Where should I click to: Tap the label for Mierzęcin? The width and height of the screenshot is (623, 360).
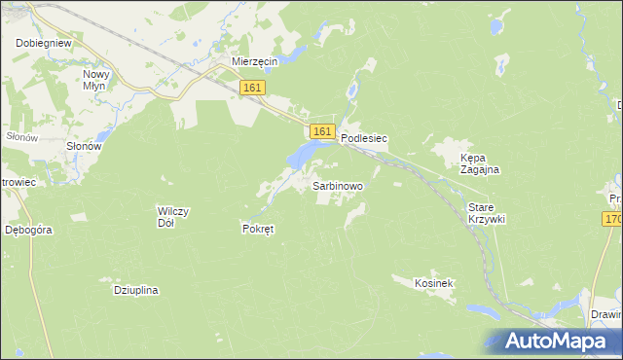(255, 61)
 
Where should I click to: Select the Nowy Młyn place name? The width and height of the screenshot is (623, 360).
(99, 80)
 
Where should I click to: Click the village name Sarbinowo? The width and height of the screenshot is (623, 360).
(337, 184)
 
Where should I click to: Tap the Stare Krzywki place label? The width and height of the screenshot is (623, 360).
(487, 214)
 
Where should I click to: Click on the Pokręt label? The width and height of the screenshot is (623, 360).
(258, 229)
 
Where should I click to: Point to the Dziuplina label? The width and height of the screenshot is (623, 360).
(136, 290)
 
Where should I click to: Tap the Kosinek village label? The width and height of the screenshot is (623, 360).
(434, 282)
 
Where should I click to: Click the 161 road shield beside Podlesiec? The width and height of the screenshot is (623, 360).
(322, 130)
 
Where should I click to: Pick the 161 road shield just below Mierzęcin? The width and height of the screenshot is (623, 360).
(252, 88)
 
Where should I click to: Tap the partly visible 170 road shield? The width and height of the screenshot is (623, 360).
(612, 222)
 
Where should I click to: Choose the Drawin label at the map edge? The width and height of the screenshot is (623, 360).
(605, 315)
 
